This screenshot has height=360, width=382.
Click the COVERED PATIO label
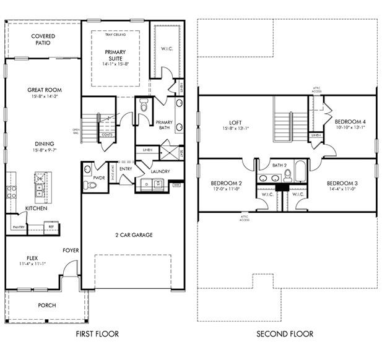[43, 40]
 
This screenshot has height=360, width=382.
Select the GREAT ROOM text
[44, 90]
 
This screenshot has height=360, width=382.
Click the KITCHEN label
[36, 208]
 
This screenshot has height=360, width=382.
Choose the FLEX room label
[32, 258]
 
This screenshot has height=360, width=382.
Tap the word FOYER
[70, 251]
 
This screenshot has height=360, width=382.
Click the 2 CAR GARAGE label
[133, 235]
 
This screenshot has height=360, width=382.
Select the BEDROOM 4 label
[350, 122]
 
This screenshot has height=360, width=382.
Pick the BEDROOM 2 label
[225, 184]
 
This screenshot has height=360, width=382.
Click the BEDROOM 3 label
[341, 184]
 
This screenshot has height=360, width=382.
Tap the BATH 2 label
[280, 165]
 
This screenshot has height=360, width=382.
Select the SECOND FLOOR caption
[285, 334]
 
